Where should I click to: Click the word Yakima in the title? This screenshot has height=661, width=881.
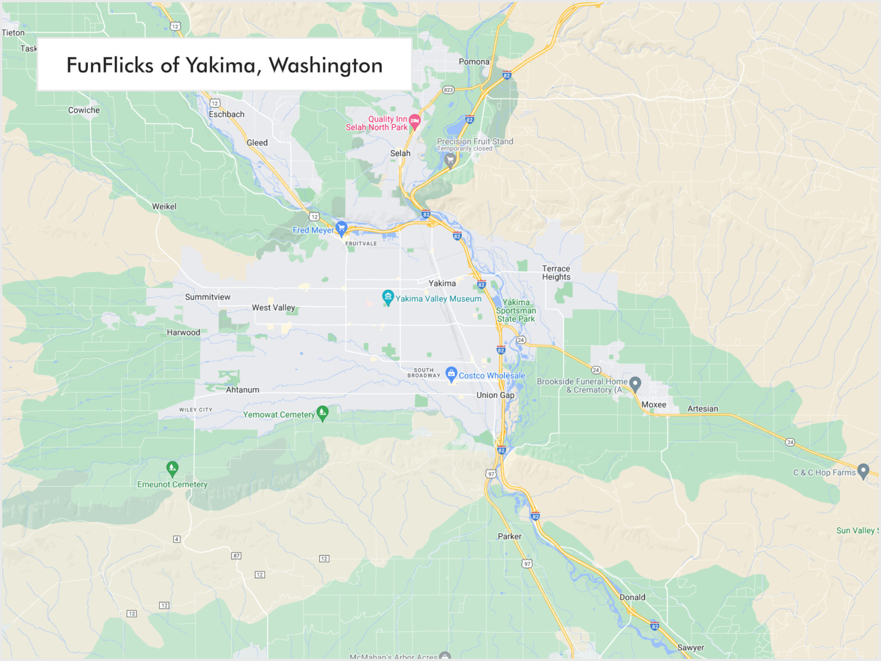tap(220, 66)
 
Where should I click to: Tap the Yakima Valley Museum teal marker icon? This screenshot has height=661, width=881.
tap(388, 297)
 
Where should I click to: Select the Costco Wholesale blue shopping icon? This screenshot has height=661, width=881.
tap(451, 374)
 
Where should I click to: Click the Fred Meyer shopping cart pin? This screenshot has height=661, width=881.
tap(341, 228)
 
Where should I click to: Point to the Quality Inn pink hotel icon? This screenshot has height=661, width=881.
tap(415, 120)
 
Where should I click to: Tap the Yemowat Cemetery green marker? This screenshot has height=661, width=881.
tap(322, 412)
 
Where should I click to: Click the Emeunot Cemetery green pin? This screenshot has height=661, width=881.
tap(172, 468)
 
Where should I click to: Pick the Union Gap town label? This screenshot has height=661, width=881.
tap(495, 395)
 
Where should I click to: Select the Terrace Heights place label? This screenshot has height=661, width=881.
tap(556, 273)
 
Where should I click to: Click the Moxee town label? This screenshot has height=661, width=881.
tap(654, 405)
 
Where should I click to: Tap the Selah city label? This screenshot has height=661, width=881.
tap(400, 153)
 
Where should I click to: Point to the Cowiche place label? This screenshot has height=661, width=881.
tap(84, 110)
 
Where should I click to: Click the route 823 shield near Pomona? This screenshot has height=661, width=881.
tap(448, 90)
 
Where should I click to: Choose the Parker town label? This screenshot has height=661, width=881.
tap(509, 536)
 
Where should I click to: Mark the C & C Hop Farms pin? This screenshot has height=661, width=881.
tap(863, 471)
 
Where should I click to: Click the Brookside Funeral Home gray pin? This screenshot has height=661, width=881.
tap(635, 383)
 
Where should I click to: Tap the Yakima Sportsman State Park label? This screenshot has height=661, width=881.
tap(516, 311)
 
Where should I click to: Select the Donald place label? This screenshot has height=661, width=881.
tap(632, 597)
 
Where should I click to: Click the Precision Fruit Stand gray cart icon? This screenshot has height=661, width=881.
tap(450, 160)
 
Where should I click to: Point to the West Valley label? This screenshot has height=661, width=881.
tap(273, 308)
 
